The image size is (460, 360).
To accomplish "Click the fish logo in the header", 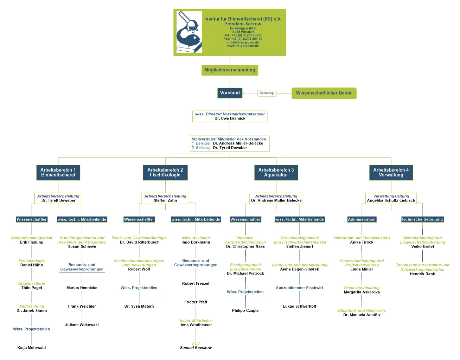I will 189,32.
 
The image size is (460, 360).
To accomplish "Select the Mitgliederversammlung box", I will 230,70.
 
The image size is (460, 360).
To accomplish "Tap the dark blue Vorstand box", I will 230,93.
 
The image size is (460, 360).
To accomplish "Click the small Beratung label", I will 267,93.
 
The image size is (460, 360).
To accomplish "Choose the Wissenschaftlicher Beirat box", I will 324,93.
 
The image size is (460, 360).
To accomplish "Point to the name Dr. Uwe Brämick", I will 230,118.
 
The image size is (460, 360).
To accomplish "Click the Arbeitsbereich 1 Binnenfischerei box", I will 58,173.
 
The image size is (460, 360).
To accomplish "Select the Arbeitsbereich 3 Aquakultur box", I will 276,173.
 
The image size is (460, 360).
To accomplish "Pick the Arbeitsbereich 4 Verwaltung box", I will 391,173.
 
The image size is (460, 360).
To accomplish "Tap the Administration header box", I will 362,219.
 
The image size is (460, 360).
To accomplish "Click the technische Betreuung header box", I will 422,219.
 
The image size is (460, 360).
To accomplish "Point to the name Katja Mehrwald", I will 32,348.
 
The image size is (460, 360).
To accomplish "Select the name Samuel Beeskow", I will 196,348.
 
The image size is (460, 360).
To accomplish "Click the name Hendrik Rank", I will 422,274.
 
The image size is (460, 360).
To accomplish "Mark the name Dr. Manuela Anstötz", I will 362,315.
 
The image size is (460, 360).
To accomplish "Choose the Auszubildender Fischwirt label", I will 299,288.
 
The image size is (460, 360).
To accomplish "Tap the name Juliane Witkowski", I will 82,325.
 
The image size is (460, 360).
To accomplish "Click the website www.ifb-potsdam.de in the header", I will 243,46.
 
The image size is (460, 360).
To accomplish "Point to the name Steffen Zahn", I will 165,200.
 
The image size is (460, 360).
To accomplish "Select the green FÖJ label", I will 196,343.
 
